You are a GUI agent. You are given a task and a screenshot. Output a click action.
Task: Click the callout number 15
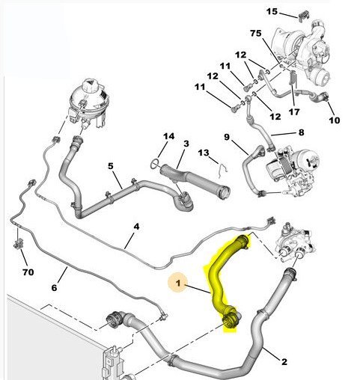tap(271, 11)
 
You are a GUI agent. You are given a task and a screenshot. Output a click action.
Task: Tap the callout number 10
tap(334, 120)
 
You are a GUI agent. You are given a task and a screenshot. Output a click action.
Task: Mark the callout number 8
tap(300, 132)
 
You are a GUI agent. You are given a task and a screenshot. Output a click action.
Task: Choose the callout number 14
tap(169, 136)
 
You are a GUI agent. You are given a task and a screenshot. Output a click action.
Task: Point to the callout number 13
tap(203, 153)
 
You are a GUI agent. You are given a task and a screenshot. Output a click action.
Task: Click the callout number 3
tap(186, 143)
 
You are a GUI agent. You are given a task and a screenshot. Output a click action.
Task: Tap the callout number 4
tap(136, 225)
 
